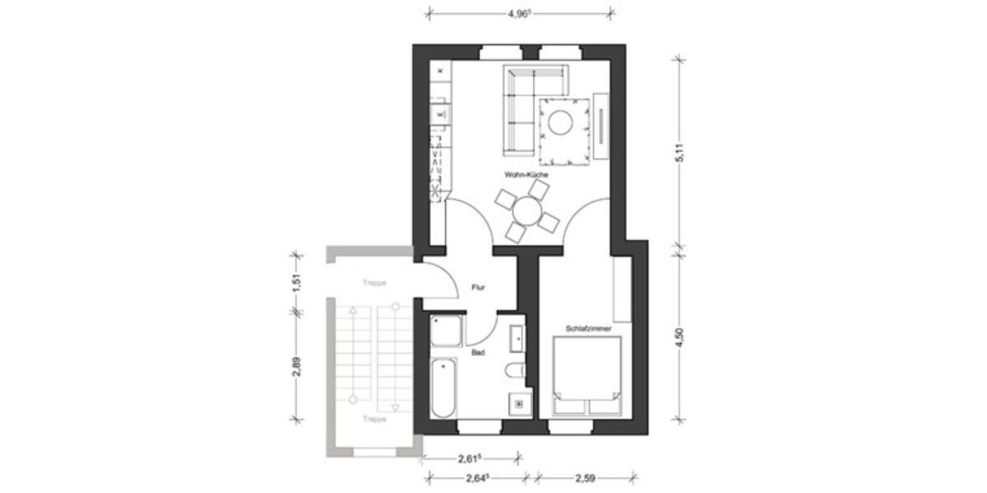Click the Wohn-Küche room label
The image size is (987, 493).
526,175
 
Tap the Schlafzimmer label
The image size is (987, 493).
587,329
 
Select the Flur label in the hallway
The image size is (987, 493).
477,288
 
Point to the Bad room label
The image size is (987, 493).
476,354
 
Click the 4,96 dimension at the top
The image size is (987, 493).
519,13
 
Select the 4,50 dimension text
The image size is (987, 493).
680,337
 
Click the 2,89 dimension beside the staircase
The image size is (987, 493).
297,366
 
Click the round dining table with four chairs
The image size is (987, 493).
526,212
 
